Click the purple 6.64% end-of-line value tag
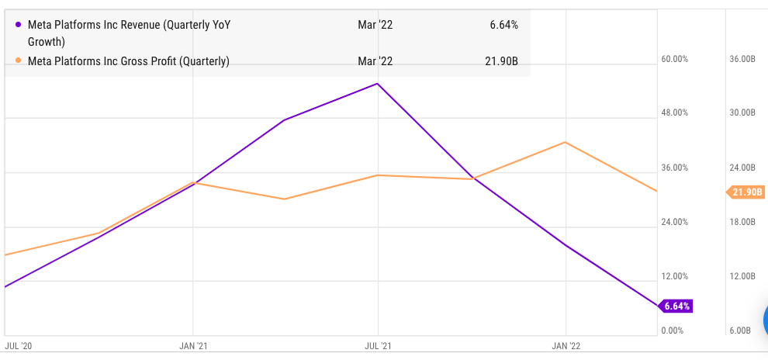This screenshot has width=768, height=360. click(x=675, y=306)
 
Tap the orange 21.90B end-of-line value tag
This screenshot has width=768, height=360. click(x=746, y=192)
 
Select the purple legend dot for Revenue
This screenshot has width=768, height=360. click(x=19, y=25)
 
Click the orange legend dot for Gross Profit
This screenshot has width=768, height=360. click(x=19, y=61)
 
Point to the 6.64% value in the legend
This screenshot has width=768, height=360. click(x=503, y=25)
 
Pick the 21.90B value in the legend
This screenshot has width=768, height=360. click(x=501, y=61)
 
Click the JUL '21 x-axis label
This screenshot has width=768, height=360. click(x=378, y=345)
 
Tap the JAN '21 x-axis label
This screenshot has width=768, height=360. click(x=192, y=345)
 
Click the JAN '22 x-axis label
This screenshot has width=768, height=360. click(x=566, y=345)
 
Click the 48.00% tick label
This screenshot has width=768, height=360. click(x=674, y=113)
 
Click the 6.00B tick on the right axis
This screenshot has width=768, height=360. click(x=740, y=331)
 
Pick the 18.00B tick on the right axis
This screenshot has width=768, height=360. click(x=742, y=223)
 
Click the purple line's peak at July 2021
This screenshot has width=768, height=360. click(x=378, y=84)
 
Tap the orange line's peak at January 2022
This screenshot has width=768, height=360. click(x=566, y=143)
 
